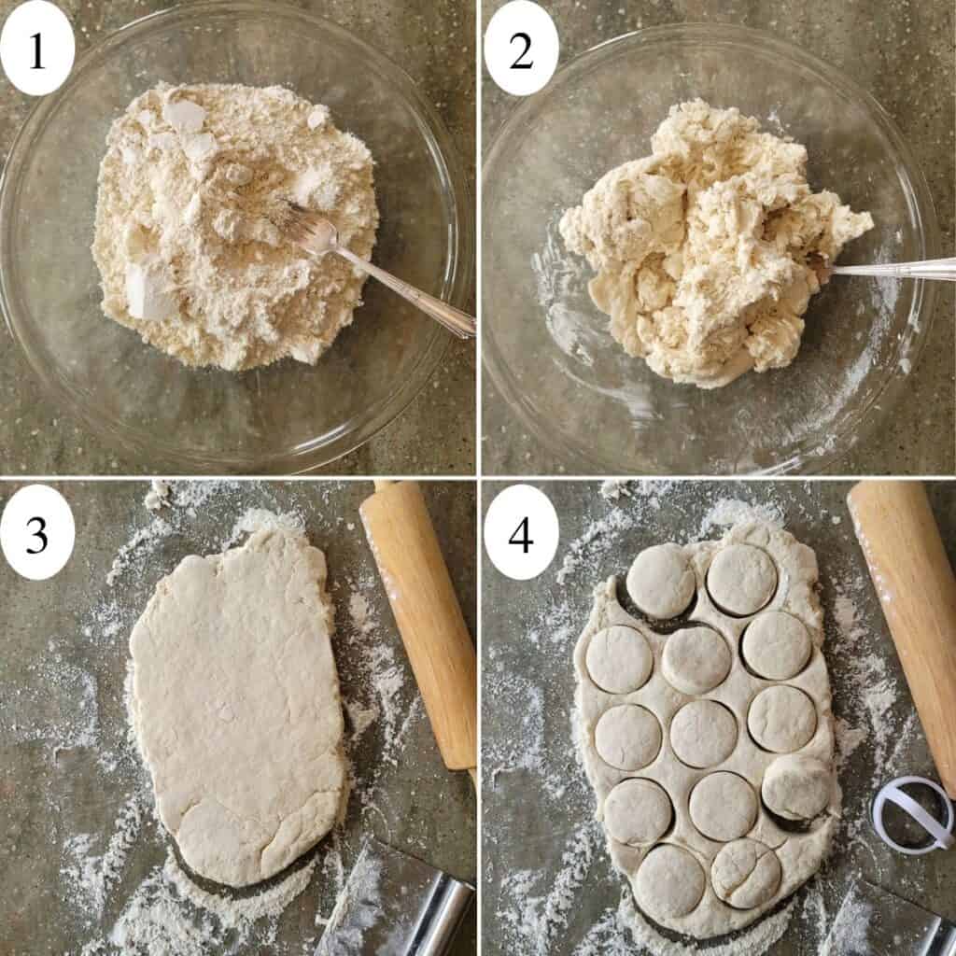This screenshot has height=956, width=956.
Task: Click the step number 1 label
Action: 37,48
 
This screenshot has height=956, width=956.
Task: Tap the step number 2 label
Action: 521,48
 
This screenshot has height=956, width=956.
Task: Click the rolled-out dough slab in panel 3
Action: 238,710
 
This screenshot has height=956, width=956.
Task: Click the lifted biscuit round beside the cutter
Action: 795,786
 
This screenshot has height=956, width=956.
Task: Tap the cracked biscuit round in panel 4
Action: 747,873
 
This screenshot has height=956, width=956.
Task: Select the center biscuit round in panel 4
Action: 702,734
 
